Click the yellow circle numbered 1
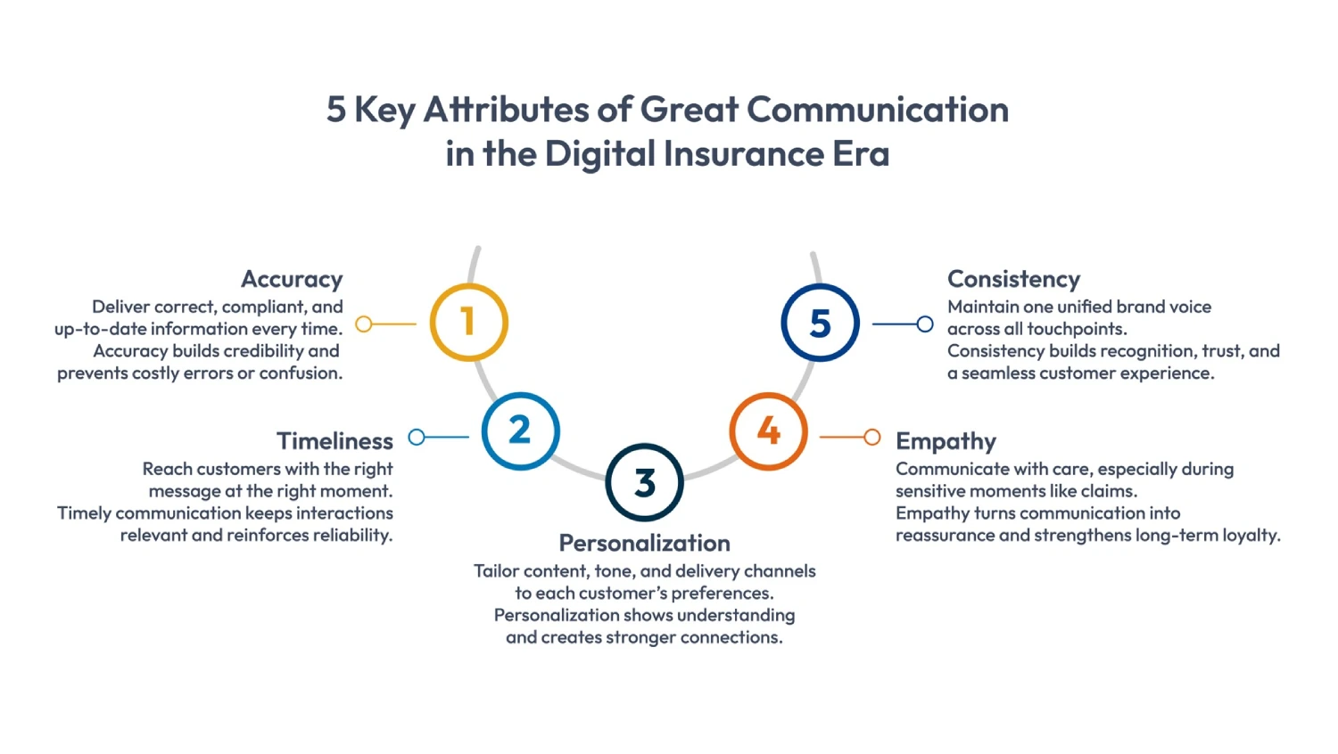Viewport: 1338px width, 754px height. click(468, 322)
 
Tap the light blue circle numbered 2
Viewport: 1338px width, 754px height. click(520, 430)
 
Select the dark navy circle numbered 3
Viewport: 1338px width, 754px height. click(644, 482)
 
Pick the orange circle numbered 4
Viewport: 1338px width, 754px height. click(768, 431)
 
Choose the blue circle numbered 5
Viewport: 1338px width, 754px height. click(820, 323)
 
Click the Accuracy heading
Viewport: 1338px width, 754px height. click(292, 279)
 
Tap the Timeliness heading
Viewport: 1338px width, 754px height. click(334, 441)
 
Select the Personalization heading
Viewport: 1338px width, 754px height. click(644, 543)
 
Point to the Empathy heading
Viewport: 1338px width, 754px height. click(946, 441)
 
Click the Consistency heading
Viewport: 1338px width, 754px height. click(1013, 279)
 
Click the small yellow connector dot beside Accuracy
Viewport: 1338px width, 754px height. click(364, 324)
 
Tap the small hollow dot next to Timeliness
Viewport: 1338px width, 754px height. click(417, 437)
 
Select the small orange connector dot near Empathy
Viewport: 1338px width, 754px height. click(872, 437)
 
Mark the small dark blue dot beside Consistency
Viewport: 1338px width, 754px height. click(925, 324)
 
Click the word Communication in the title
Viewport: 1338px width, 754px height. click(877, 110)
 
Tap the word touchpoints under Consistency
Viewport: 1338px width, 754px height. click(1077, 329)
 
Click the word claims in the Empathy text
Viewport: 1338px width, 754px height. click(1108, 491)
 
